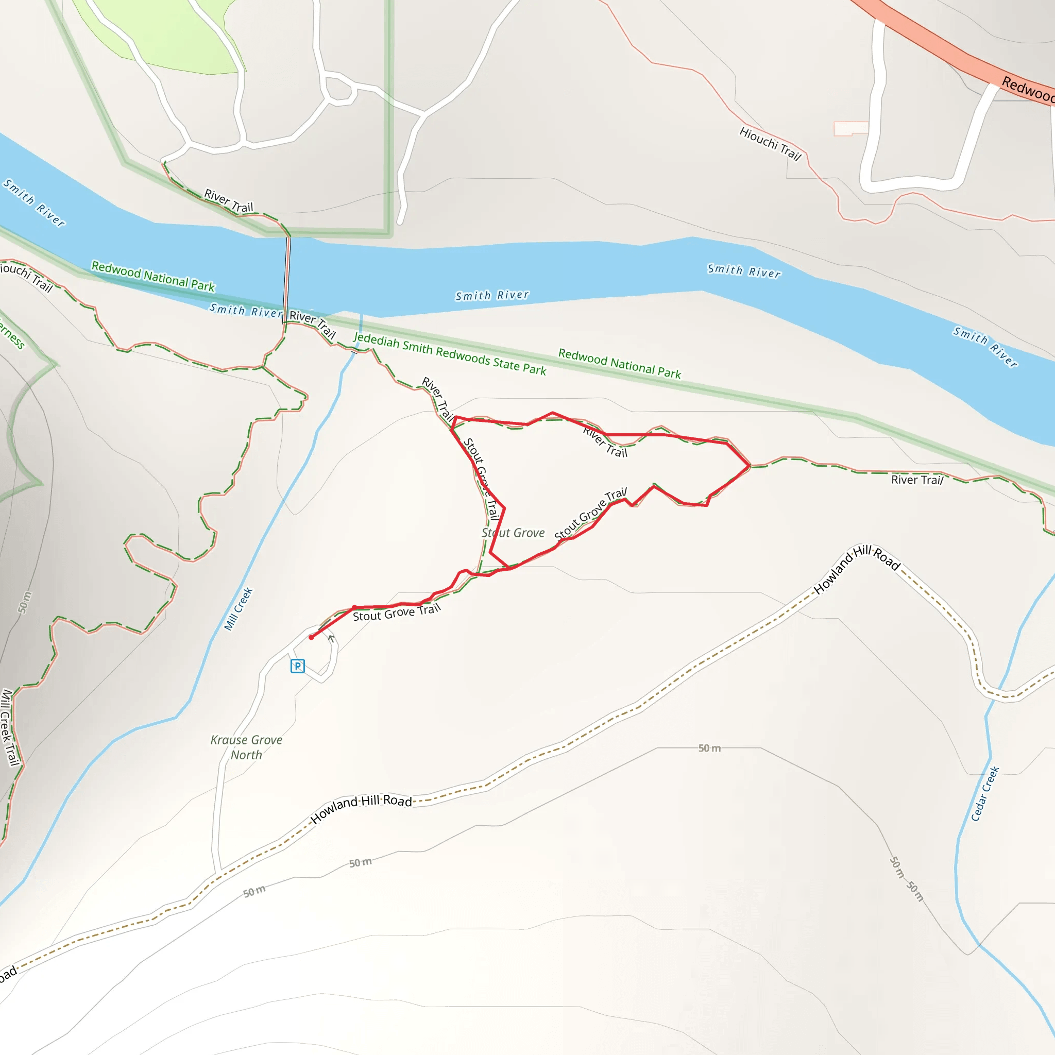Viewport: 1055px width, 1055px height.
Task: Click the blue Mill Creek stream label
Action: (x=239, y=609)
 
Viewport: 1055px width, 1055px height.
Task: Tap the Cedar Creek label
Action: (x=984, y=793)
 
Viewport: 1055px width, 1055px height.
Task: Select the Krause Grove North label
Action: (x=246, y=747)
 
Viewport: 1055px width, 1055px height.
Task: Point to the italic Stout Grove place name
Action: (x=513, y=533)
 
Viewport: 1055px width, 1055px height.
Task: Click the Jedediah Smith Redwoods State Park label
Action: (x=449, y=354)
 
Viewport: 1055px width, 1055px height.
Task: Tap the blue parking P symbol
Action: (x=298, y=666)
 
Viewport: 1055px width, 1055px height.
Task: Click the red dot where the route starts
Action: (x=311, y=637)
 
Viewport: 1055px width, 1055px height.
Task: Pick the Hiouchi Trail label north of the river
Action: (x=770, y=144)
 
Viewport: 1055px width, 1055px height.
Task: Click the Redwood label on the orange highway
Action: (x=1027, y=89)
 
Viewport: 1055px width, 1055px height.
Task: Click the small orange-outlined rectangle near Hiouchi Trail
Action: (x=850, y=128)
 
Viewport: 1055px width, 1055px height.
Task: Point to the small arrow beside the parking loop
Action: (x=331, y=638)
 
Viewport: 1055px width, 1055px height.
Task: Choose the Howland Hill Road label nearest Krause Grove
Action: (x=361, y=809)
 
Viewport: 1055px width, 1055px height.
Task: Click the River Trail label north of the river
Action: (x=228, y=201)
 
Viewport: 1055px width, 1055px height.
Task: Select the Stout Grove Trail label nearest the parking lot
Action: (x=397, y=612)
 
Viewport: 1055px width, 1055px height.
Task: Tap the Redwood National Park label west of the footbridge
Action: (x=153, y=276)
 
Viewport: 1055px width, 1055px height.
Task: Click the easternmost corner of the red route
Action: (x=749, y=465)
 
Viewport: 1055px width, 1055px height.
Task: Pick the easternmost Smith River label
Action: (x=985, y=347)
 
